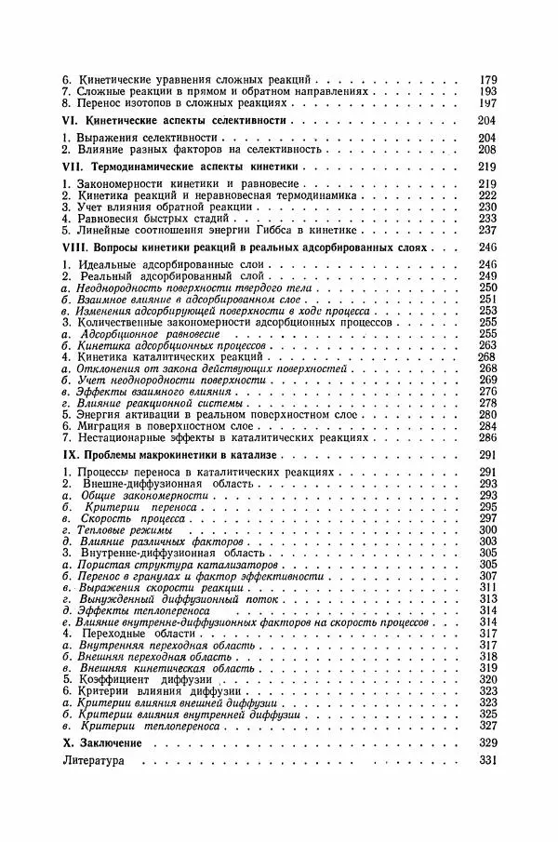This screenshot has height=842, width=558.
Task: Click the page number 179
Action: click(x=486, y=81)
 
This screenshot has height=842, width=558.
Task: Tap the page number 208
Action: click(x=486, y=149)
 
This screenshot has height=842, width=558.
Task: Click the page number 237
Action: click(x=486, y=230)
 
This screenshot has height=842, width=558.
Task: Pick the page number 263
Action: click(x=486, y=344)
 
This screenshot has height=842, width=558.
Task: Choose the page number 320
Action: click(x=486, y=679)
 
